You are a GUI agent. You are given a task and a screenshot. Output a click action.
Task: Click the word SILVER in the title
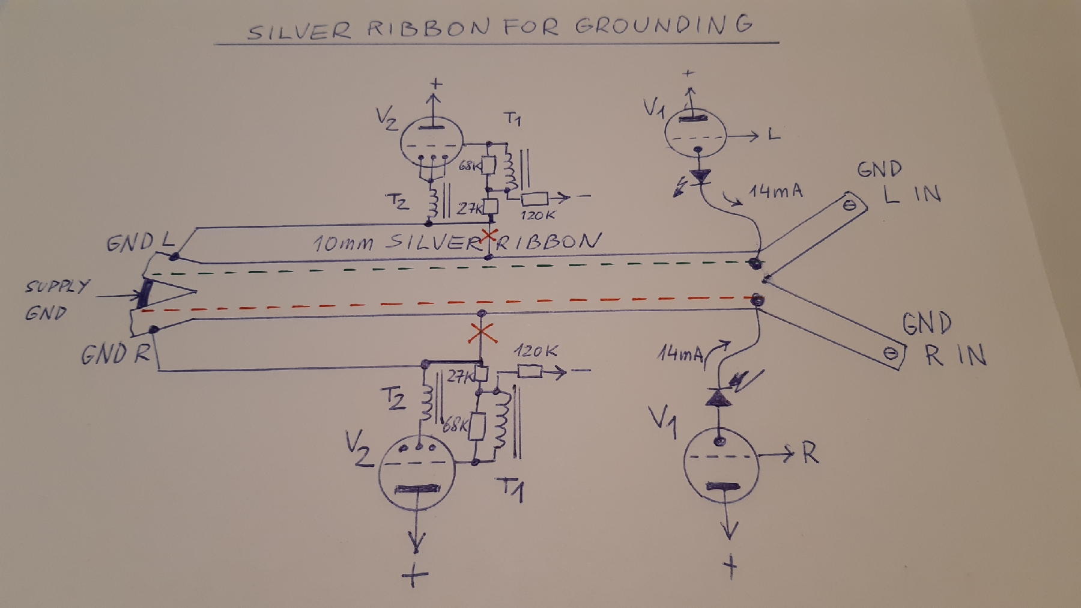pos(298,29)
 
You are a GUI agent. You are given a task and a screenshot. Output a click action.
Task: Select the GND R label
pos(115,354)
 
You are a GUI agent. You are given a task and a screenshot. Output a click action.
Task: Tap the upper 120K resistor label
pos(537,214)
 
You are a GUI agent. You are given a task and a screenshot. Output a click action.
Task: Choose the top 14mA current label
pos(775,192)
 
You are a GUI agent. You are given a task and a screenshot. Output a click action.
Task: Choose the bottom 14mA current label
pos(680,354)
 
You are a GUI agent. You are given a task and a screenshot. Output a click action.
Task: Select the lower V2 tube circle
pos(417,473)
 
